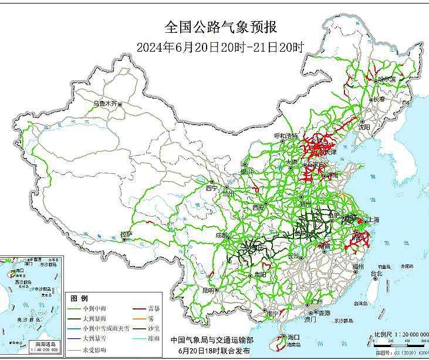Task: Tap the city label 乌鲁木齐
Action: click(105, 103)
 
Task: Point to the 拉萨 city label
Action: click(126, 234)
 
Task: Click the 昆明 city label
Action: click(208, 291)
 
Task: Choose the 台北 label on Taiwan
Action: click(376, 274)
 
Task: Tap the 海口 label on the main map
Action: click(294, 337)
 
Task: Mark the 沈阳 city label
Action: click(364, 126)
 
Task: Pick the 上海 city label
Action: click(373, 220)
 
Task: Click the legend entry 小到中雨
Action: click(94, 308)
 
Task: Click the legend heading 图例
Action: click(79, 298)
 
